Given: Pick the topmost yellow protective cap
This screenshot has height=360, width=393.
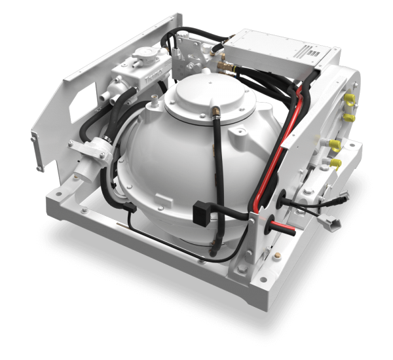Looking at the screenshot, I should pos(348,98).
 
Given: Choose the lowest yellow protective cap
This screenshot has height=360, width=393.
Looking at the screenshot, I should pos(335,163).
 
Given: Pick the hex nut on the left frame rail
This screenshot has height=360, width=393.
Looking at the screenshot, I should pos(84,211).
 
